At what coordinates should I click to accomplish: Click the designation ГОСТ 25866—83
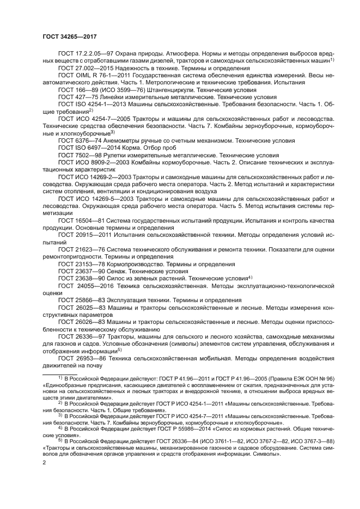[x=78, y=300]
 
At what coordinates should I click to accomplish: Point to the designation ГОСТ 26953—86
[x=78, y=358]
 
